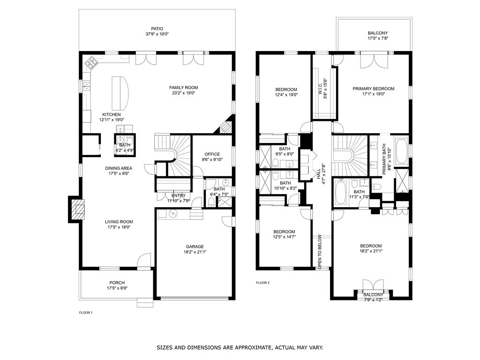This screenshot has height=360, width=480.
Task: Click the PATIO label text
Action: coord(157,29)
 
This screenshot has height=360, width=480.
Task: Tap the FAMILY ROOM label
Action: coord(184,88)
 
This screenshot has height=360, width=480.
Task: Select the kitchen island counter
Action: coord(120,93)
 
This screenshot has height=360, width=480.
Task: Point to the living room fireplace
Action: coord(75,209)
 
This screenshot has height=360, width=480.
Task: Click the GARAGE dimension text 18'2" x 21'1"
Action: coord(195,252)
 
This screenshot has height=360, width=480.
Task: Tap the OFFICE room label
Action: coord(212,154)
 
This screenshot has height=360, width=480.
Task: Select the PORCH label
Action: coord(117,283)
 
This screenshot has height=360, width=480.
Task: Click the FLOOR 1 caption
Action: coord(86,313)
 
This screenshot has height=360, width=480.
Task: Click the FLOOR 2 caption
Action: coord(262,283)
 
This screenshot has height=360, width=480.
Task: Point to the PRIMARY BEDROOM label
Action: coord(374,89)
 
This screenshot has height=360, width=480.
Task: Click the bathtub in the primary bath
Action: coord(401,151)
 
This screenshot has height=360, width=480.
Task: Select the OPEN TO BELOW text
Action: coord(320,252)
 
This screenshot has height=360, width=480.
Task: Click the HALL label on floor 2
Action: coord(318,174)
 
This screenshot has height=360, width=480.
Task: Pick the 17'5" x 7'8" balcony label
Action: coord(378,38)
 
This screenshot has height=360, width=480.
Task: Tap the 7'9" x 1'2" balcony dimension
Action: coord(373,300)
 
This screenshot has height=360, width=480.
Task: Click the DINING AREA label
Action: coord(119,168)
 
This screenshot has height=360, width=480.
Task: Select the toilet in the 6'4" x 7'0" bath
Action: coord(211,202)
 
